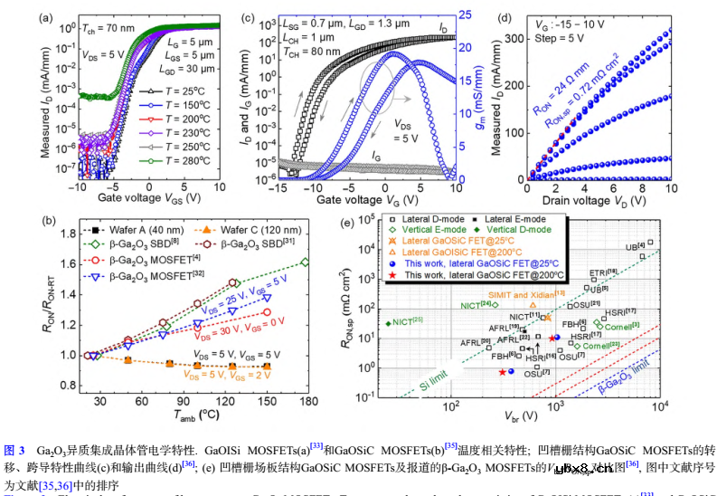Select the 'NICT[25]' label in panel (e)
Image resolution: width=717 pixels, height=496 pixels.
point(406,322)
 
